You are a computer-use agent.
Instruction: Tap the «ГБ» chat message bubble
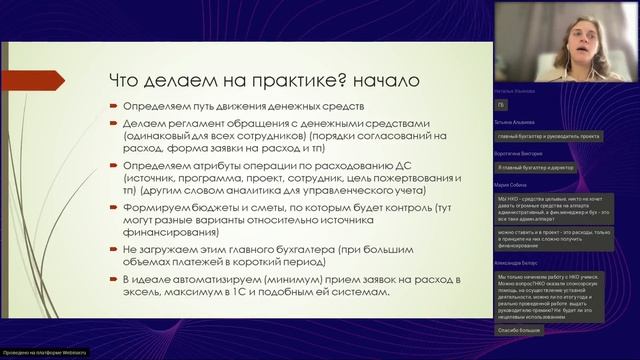click(x=501, y=106)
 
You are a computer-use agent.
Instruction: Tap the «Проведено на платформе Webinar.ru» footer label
click(x=42, y=354)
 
